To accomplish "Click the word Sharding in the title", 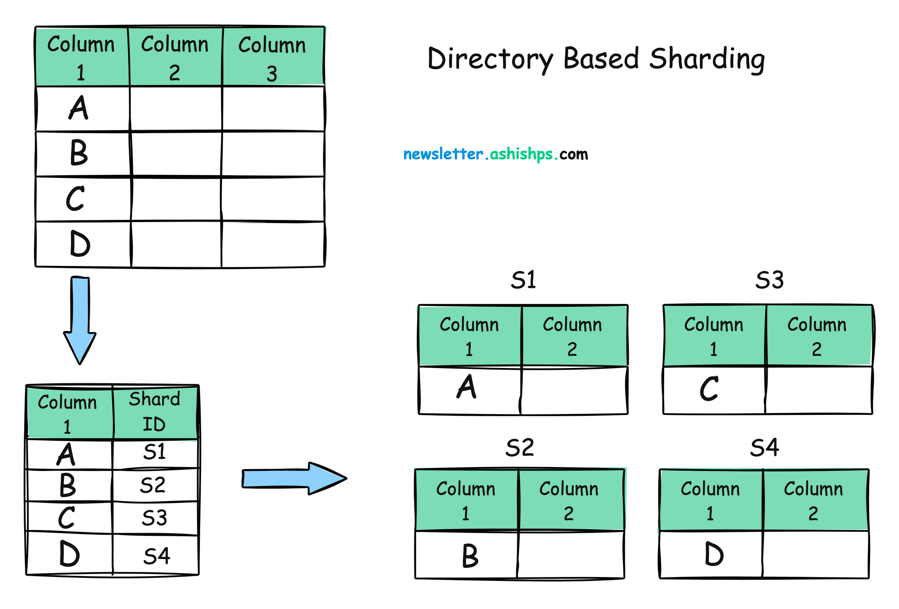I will coord(707,59).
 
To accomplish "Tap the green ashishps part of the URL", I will coord(521,155).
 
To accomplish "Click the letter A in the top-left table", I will coord(79,108).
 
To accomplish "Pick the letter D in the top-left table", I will coord(80,244).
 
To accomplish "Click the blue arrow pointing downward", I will coord(80,320).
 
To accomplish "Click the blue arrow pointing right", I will coord(294,478).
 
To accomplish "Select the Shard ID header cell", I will coord(155,412).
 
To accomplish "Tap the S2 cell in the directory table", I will coord(153,485).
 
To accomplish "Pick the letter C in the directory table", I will coord(67,518).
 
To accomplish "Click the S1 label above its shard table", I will coord(523,280).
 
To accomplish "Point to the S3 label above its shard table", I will coord(769,280).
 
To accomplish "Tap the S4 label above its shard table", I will coord(765,448).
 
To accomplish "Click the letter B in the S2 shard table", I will coord(470,556).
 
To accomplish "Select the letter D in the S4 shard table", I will coord(714,554).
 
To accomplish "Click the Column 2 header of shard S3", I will coord(817,336).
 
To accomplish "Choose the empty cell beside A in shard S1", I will coord(574,390).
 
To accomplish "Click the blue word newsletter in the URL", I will coord(443,155).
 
